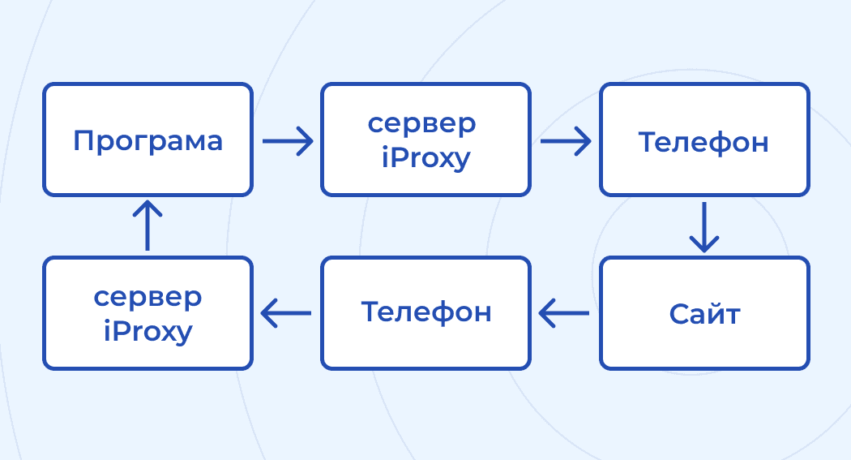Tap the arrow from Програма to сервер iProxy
tap(288, 140)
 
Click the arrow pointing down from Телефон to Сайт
tap(703, 226)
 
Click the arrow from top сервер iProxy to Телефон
tap(566, 140)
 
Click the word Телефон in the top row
tap(703, 142)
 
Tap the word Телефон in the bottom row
tap(425, 312)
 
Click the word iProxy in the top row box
tap(425, 158)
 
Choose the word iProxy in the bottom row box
tap(148, 331)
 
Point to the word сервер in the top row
tap(421, 124)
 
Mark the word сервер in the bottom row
tap(148, 297)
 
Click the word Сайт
tap(704, 313)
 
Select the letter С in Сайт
tap(678, 313)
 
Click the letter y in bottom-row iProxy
tap(185, 333)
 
